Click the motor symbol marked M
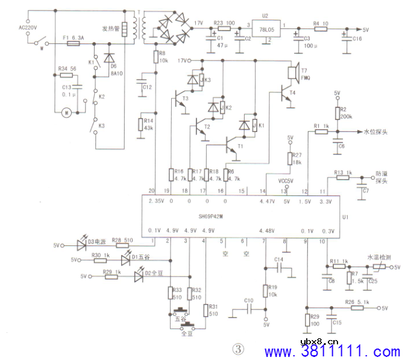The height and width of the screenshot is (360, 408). [67, 112]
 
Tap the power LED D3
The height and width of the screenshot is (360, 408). [82, 245]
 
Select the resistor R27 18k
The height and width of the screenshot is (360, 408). [290, 158]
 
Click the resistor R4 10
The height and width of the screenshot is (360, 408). [321, 28]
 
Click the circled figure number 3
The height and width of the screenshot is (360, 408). [239, 349]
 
